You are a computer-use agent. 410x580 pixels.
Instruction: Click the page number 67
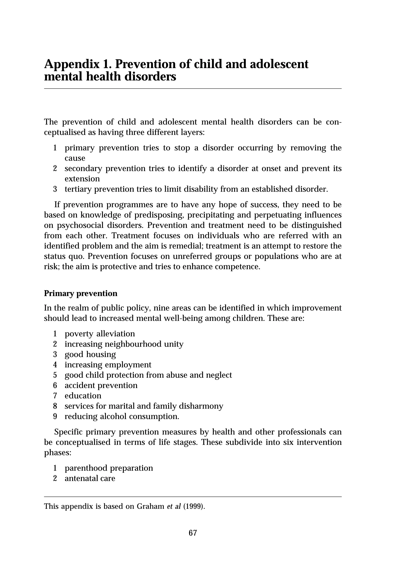click(193, 533)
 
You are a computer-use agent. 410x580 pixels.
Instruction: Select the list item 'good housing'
click(90, 354)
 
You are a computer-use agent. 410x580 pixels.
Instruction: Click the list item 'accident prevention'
click(101, 385)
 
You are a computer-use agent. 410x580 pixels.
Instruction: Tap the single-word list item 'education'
click(83, 396)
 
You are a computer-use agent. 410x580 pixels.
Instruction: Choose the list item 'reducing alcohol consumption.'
click(122, 416)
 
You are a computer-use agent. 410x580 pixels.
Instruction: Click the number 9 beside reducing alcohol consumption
click(55, 416)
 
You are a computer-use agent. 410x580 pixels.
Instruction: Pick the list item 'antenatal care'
click(90, 479)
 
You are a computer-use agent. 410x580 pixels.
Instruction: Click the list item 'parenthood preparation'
click(109, 468)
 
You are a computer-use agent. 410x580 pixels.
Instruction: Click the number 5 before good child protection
click(55, 375)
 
